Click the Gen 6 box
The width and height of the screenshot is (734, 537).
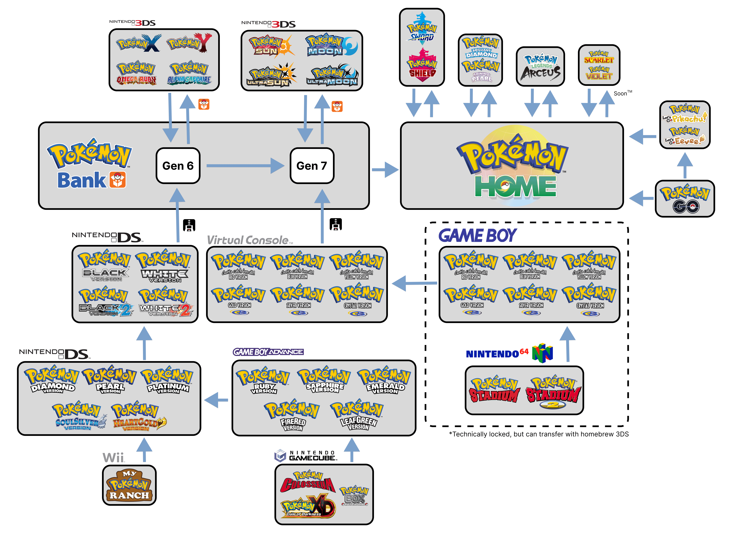coord(178,166)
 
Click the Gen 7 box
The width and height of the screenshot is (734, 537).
coord(312,166)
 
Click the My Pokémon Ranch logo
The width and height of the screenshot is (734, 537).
coord(129,485)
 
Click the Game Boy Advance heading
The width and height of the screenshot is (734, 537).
coord(268,352)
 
